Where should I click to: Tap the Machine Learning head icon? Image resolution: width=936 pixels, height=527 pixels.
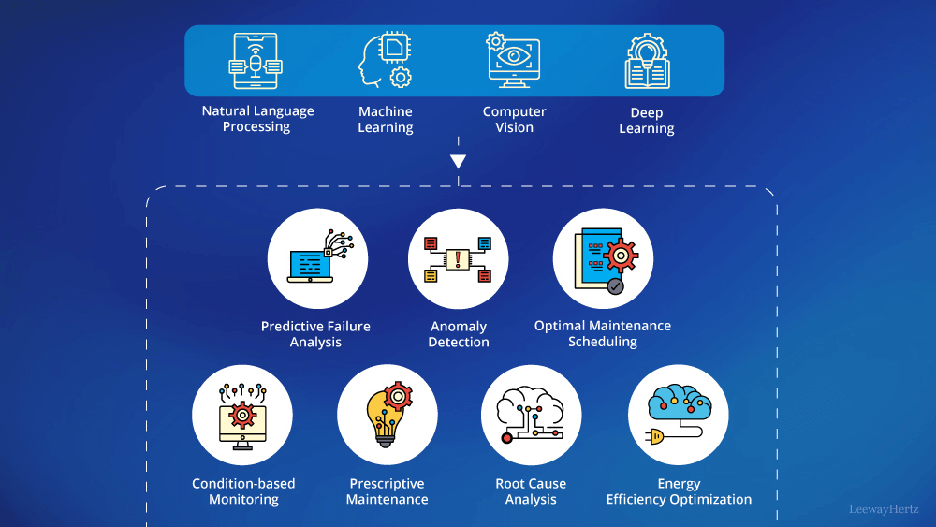(386, 61)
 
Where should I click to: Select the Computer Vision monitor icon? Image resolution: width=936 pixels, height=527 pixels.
(514, 61)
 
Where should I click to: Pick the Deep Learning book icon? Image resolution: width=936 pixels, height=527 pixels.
(647, 62)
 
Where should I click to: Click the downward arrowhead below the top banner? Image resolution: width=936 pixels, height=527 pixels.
(458, 161)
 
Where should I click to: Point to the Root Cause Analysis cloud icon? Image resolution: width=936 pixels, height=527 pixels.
(531, 414)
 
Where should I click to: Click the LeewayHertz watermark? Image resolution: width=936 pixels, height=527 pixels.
(884, 510)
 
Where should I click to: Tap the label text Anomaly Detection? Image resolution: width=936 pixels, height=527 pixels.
(459, 334)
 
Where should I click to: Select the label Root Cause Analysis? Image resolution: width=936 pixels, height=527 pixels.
(531, 491)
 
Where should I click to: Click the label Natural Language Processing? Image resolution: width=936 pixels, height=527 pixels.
(257, 119)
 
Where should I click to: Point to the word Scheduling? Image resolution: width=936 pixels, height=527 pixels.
(603, 343)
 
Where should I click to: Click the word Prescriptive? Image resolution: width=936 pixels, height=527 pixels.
(387, 484)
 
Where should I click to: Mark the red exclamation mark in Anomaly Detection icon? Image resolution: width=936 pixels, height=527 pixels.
(459, 259)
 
